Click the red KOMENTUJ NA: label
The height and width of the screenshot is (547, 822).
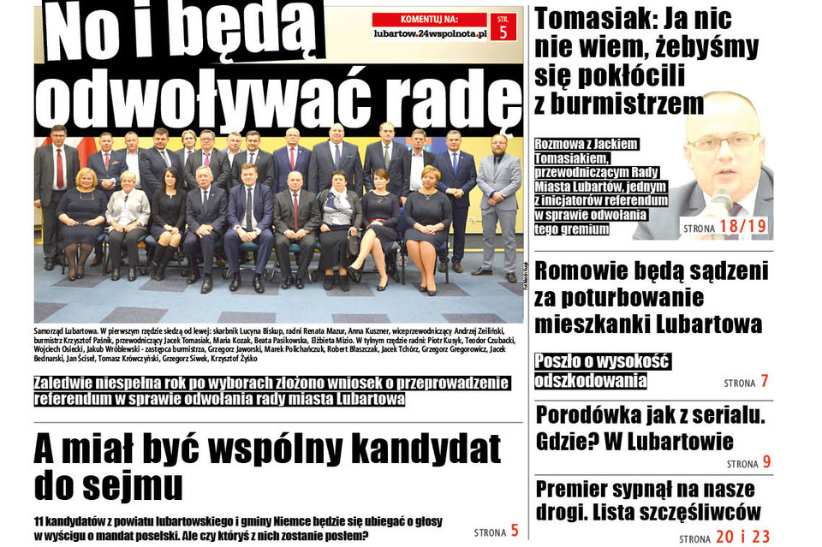430,19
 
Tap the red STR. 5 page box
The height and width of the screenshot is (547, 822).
503,27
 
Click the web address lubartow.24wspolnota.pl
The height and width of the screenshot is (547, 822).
430,33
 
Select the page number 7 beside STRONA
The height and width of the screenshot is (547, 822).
765,382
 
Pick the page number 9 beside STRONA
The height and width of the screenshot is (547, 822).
766,462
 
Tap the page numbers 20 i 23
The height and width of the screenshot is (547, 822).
742,537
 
